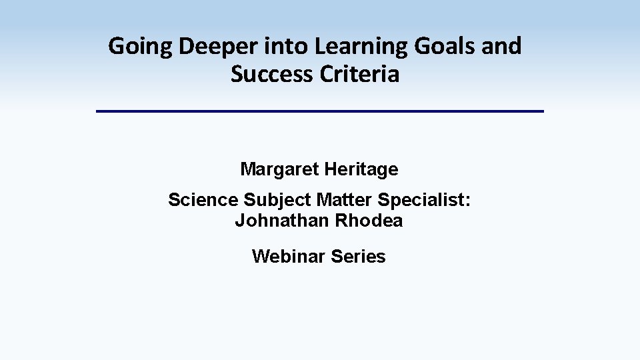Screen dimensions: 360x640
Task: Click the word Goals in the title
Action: point(441,47)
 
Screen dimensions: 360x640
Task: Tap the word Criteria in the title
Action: point(359,74)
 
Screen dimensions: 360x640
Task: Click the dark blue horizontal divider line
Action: point(320,111)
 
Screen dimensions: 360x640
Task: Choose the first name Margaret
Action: point(279,169)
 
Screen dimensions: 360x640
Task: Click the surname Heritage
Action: point(361,169)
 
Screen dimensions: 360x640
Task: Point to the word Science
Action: point(203,200)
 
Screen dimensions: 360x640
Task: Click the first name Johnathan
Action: point(282,221)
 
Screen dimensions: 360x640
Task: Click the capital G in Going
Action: point(115,47)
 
